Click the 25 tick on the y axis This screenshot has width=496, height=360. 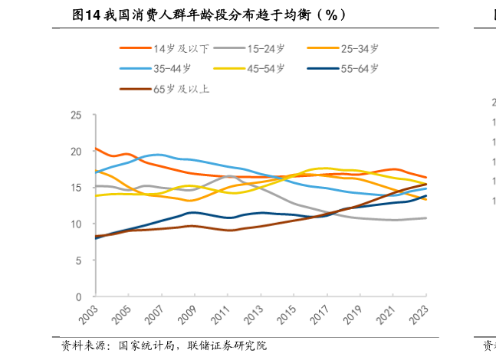(x=75, y=116)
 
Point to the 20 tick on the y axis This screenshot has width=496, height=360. (x=75, y=152)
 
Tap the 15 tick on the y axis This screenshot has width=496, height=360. (x=75, y=188)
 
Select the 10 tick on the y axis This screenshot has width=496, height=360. (x=75, y=224)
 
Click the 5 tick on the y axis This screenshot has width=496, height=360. (x=78, y=260)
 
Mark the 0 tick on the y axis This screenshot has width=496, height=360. (x=78, y=296)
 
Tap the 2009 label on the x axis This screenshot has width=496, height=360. (x=186, y=316)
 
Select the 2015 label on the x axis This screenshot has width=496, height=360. (x=285, y=316)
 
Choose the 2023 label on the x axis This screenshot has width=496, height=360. (x=418, y=316)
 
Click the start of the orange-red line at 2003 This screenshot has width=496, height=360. (x=95, y=149)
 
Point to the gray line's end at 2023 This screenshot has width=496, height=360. (x=426, y=218)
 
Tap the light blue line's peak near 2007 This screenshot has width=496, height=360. (x=157, y=155)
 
